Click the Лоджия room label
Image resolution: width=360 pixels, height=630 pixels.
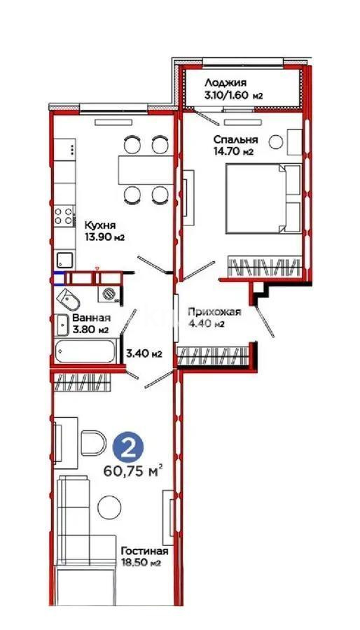[x=225, y=83]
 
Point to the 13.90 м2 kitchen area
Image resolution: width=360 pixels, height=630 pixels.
[x=104, y=237]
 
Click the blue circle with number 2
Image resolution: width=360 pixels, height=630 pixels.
[x=127, y=449]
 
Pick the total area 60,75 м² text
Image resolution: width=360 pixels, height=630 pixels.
[x=133, y=470]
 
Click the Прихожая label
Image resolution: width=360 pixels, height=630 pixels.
[x=214, y=312]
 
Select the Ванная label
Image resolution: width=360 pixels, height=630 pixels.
[x=91, y=318]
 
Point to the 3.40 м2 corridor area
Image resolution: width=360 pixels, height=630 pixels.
[x=144, y=353]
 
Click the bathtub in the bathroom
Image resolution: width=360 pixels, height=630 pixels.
[x=85, y=351]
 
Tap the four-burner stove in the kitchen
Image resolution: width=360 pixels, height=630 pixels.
[x=64, y=216]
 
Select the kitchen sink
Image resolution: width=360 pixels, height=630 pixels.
[x=64, y=260]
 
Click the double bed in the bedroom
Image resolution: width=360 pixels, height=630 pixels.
[x=263, y=198]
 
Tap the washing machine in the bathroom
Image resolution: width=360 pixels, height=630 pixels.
[x=108, y=293]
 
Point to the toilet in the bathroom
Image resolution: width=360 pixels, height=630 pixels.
[x=69, y=299]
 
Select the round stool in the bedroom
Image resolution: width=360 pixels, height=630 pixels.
[x=276, y=141]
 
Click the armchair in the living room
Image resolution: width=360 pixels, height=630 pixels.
[x=93, y=443]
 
